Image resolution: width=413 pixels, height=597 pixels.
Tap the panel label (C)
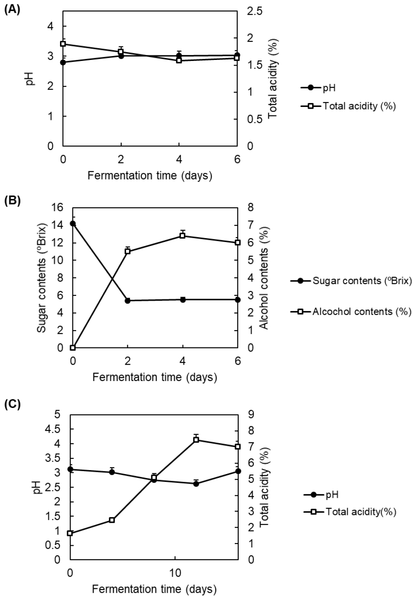[12, 404]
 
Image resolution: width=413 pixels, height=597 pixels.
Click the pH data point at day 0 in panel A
[63, 62]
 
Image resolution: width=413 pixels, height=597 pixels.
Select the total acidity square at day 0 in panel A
[63, 44]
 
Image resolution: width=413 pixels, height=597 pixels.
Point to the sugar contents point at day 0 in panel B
[73, 224]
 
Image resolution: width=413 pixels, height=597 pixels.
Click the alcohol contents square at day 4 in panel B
[183, 236]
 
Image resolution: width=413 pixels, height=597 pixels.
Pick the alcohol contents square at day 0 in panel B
[73, 348]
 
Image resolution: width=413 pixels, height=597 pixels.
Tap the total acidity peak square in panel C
[196, 440]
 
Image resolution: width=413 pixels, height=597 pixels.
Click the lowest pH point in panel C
[196, 484]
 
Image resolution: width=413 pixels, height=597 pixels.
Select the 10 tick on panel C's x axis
[175, 570]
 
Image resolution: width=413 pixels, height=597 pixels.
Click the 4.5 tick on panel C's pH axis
[57, 429]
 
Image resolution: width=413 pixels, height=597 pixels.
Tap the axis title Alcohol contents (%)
[264, 278]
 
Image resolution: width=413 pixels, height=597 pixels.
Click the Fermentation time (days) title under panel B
[154, 377]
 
